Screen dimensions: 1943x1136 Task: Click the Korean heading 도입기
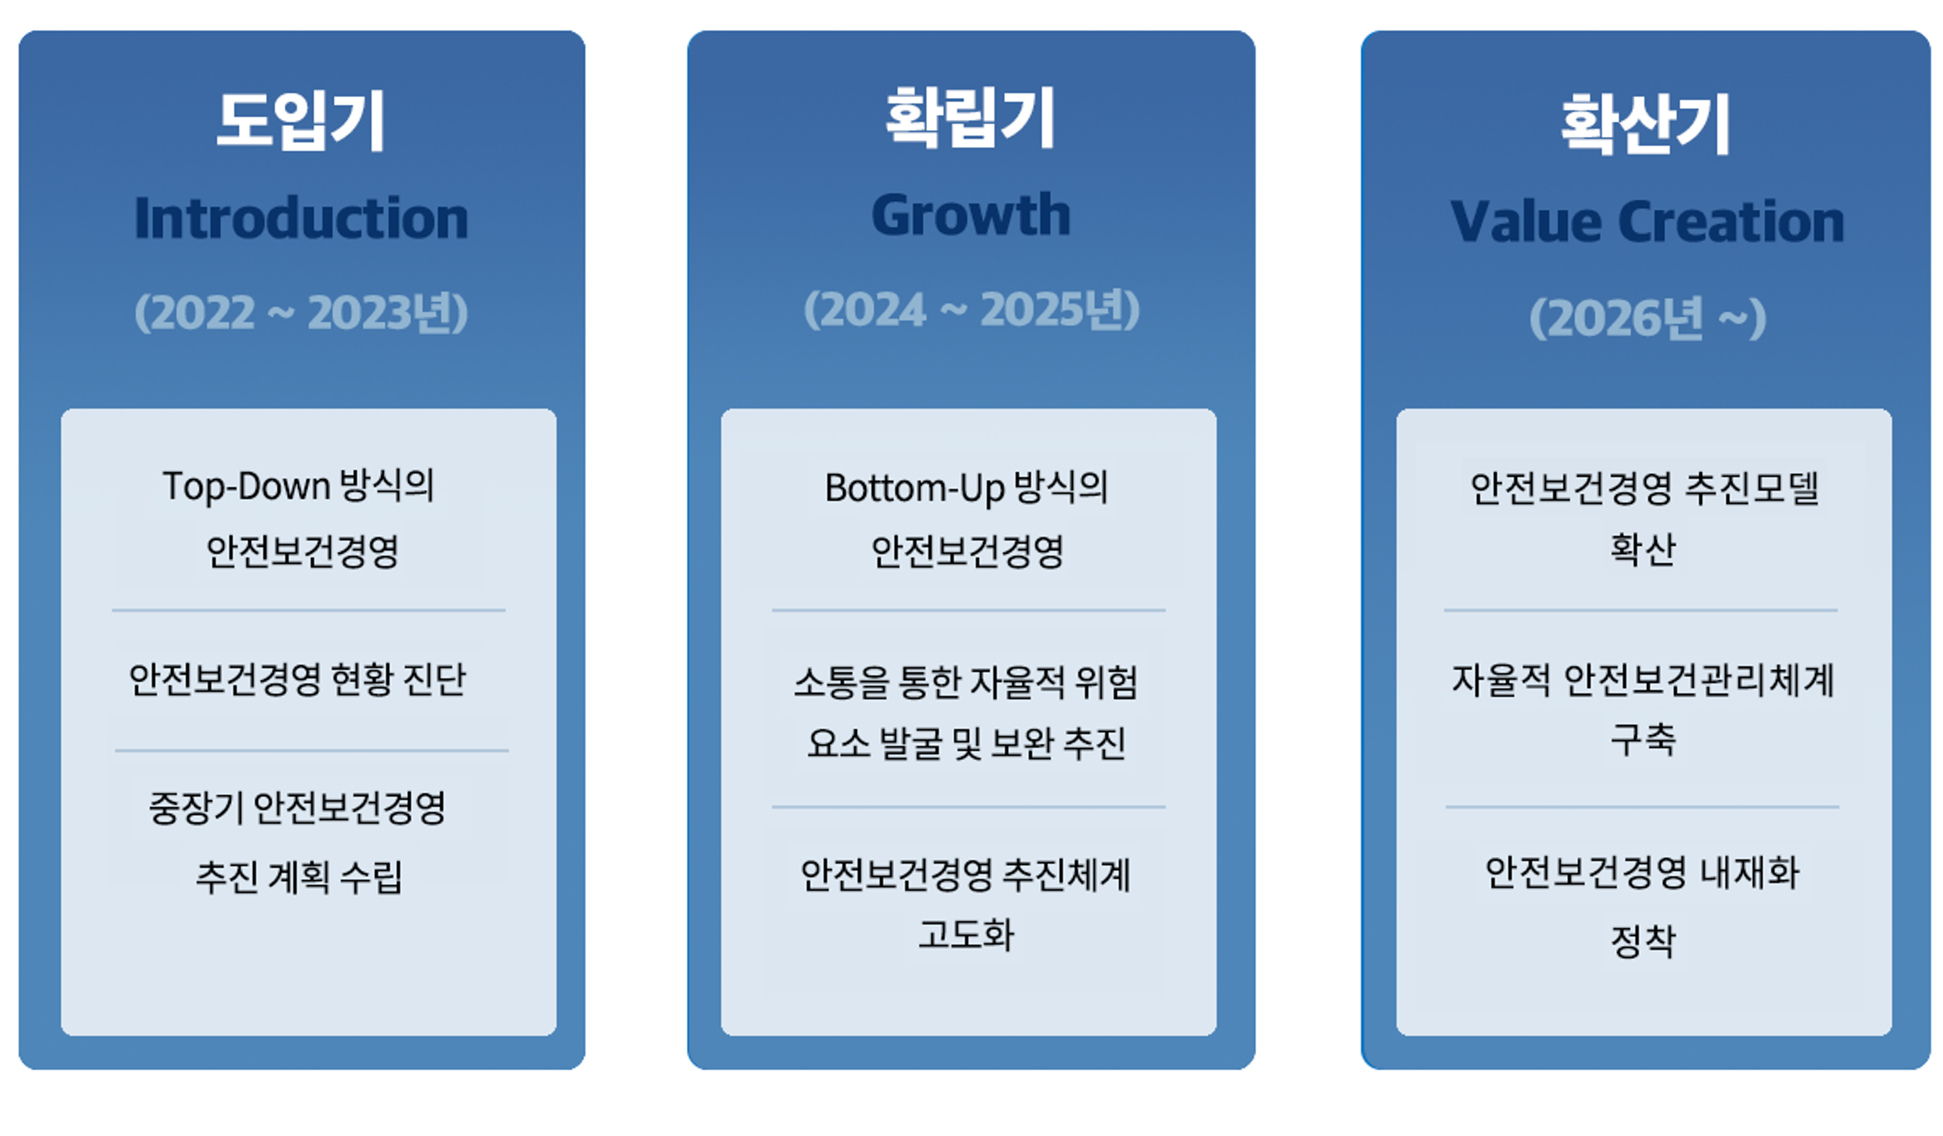(x=301, y=121)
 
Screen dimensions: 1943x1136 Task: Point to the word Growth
(x=971, y=214)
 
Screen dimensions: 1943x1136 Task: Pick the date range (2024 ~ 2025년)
(x=971, y=310)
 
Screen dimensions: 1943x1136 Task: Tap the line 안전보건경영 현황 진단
(x=298, y=679)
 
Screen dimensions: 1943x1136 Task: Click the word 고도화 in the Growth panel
(x=966, y=934)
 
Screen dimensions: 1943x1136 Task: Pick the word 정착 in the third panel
(x=1643, y=941)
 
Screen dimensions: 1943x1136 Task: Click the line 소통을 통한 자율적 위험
(x=966, y=682)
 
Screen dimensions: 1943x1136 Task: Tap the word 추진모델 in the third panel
(x=1752, y=488)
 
